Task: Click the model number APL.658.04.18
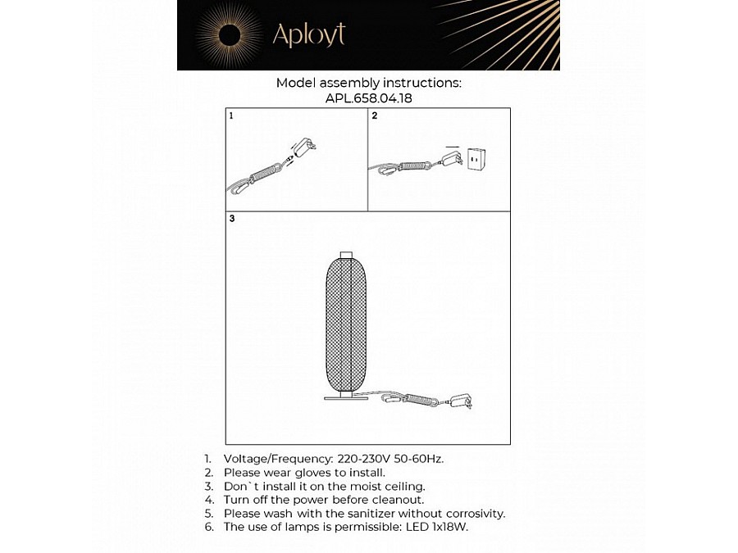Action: (x=368, y=97)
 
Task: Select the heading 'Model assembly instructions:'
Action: (x=368, y=83)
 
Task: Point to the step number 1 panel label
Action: (x=232, y=116)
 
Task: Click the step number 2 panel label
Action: (x=375, y=116)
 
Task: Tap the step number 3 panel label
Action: (x=232, y=219)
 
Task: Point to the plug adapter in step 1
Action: (x=307, y=148)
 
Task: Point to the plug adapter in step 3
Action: (x=462, y=401)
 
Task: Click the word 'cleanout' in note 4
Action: (x=396, y=499)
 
